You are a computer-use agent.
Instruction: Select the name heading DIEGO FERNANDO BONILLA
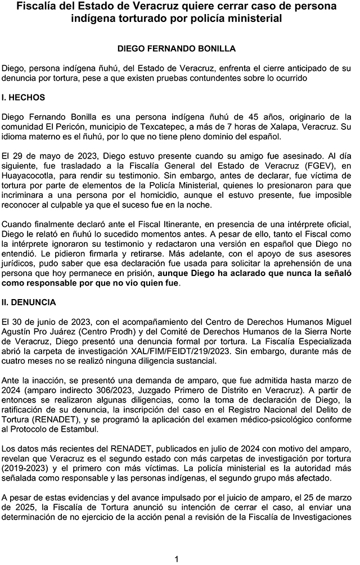177,49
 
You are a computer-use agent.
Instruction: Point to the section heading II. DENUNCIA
29,302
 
